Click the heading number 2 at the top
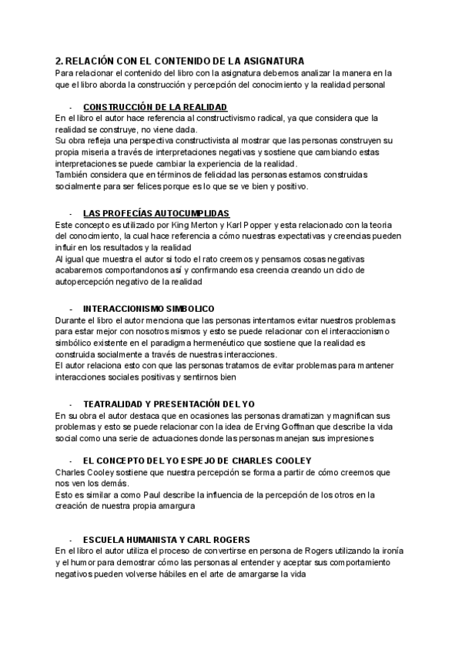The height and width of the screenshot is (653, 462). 59,60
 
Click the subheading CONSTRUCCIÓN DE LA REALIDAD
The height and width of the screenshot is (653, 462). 155,106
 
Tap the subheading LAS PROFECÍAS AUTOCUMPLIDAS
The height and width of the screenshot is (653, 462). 156,213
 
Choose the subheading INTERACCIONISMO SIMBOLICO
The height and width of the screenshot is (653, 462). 149,308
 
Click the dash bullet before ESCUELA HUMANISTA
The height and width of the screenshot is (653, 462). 70,540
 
